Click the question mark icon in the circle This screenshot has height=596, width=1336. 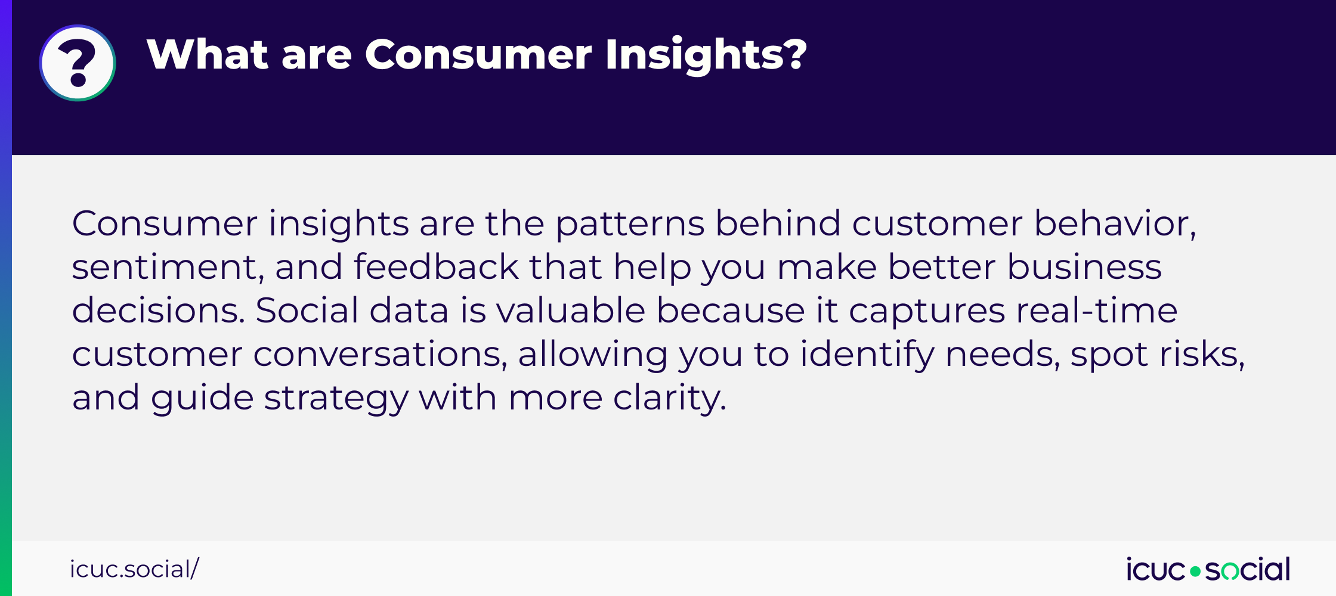[78, 63]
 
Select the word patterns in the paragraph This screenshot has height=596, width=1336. [630, 224]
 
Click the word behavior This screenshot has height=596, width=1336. [1114, 224]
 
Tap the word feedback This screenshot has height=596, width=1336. [436, 267]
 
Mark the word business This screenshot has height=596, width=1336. [1084, 267]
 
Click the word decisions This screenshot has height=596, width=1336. [158, 311]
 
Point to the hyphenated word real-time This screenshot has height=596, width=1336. [1096, 311]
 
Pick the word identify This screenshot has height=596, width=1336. [867, 355]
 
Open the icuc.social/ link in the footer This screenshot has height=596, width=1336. [134, 569]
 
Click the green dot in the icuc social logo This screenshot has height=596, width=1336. [1195, 572]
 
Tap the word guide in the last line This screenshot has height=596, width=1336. [202, 398]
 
